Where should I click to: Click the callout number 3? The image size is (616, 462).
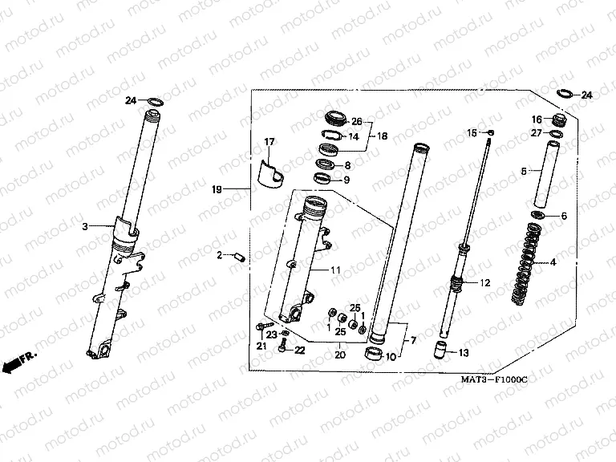click(x=84, y=227)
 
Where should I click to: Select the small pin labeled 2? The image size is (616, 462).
click(x=237, y=256)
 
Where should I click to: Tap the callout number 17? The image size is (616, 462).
click(x=269, y=143)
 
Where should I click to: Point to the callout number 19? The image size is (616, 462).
click(x=216, y=189)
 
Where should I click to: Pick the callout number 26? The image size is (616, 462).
click(x=357, y=122)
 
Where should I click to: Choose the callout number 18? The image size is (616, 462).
click(x=383, y=136)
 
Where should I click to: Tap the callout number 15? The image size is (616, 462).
click(x=472, y=132)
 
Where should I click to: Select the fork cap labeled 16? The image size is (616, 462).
click(x=558, y=121)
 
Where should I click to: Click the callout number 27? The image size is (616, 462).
click(x=537, y=134)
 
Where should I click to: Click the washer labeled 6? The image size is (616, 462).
click(x=537, y=216)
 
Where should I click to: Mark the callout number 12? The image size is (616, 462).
click(x=484, y=283)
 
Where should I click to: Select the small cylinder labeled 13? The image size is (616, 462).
click(x=440, y=350)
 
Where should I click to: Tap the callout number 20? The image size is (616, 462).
click(x=339, y=355)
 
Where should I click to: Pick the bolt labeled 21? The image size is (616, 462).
click(x=264, y=326)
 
